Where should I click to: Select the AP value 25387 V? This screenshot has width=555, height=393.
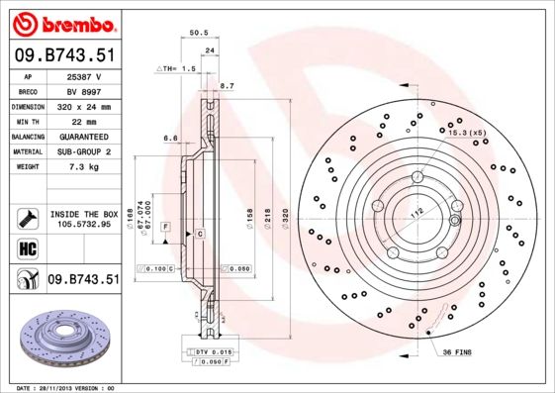click(83, 75)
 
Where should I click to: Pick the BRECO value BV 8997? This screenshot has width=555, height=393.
click(83, 90)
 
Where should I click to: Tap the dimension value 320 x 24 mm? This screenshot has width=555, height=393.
click(83, 106)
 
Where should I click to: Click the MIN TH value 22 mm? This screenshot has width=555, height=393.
click(83, 121)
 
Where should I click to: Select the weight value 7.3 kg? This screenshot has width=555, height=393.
click(83, 167)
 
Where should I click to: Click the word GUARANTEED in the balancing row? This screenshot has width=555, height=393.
click(83, 136)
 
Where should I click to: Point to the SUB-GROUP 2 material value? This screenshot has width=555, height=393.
click(83, 151)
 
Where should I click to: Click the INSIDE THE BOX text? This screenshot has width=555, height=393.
click(83, 214)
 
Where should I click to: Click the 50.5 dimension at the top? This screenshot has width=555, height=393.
click(197, 34)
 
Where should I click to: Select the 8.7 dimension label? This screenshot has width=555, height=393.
click(226, 86)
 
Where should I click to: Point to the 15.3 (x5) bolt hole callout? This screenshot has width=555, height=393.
click(467, 133)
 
